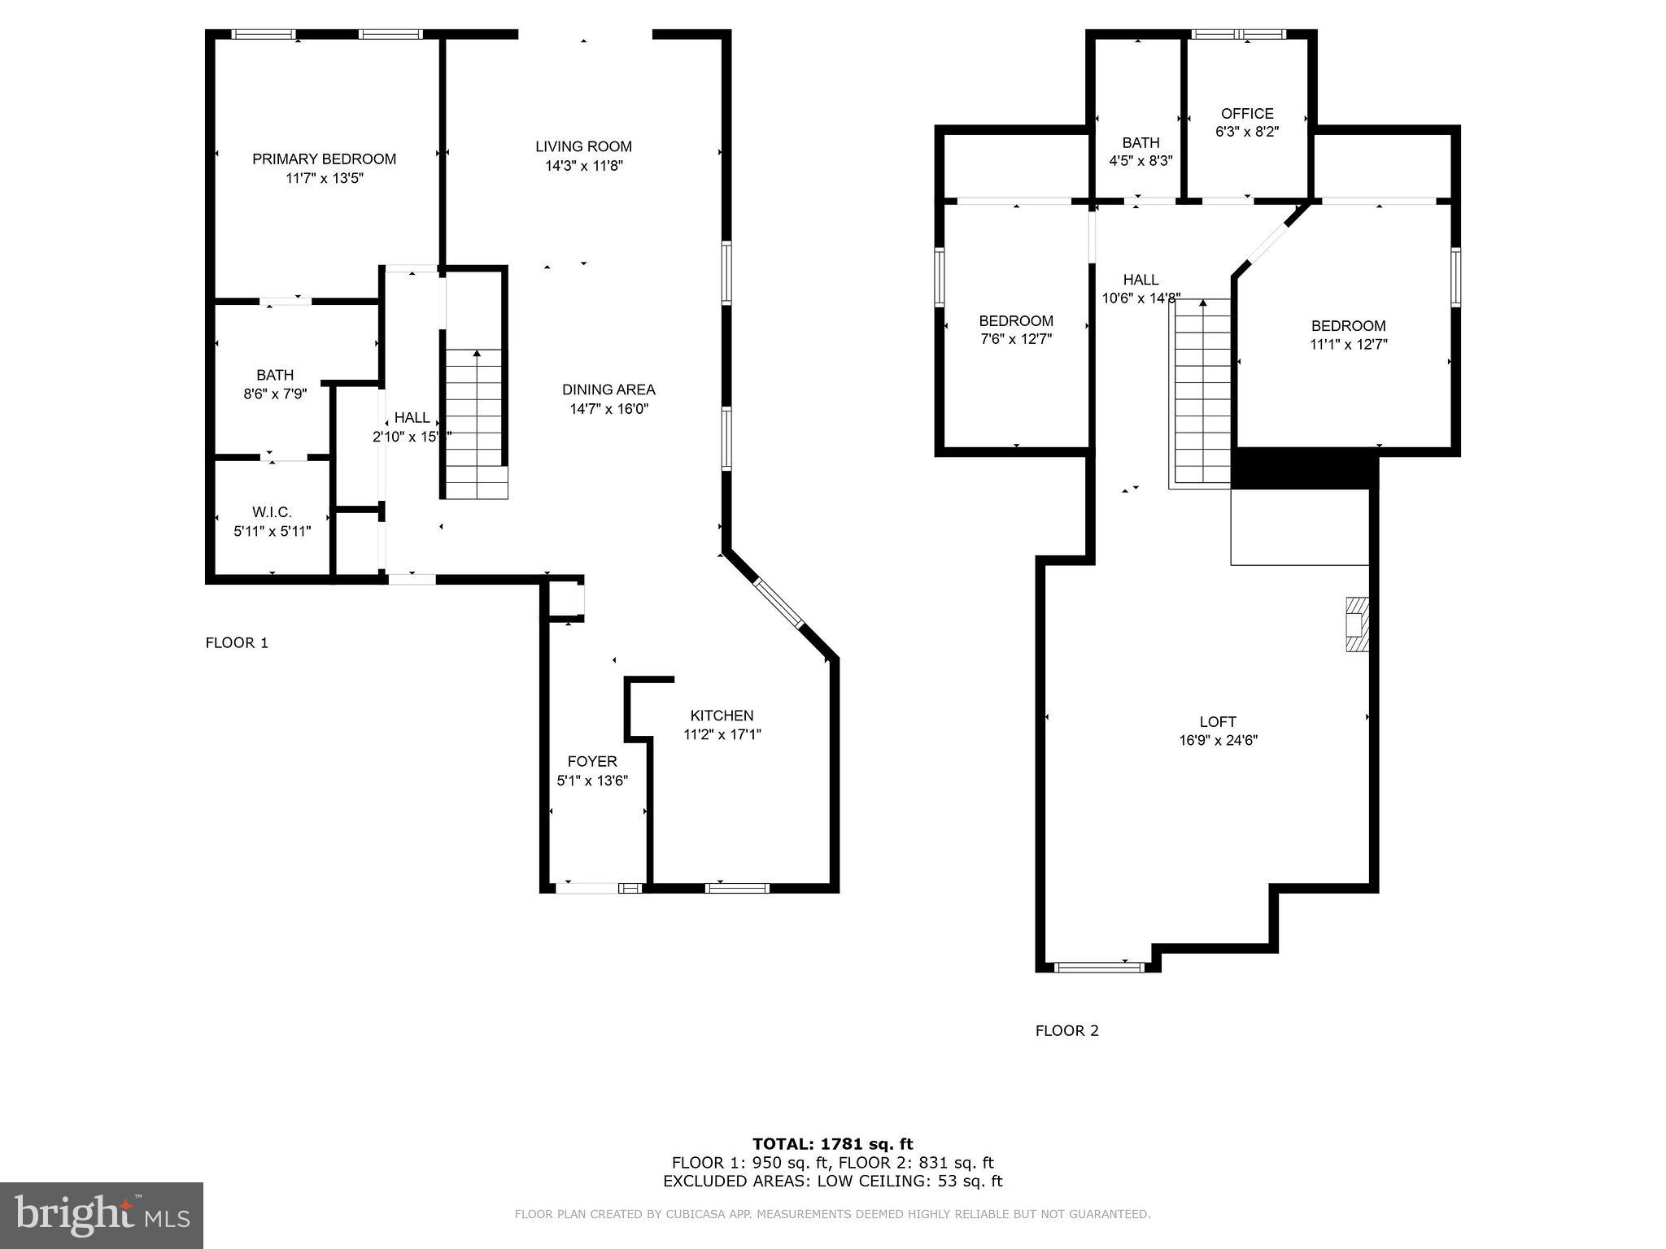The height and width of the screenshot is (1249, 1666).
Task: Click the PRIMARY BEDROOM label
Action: tap(324, 159)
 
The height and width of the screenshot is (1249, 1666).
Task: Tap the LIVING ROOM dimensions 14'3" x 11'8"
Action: tap(583, 166)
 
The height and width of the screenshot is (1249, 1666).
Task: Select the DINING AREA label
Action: tap(608, 390)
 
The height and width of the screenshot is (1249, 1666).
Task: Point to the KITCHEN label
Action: tap(722, 716)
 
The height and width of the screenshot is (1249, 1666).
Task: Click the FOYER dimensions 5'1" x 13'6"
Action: tap(592, 781)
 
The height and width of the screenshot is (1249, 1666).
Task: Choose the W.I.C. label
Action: tap(272, 512)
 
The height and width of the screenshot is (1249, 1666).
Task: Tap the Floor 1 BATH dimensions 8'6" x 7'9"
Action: tap(275, 394)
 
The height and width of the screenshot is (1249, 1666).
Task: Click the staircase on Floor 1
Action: tap(476, 423)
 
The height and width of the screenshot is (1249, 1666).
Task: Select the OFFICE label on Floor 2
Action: tap(1247, 114)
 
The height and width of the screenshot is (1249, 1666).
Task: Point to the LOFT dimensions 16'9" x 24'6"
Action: tap(1218, 741)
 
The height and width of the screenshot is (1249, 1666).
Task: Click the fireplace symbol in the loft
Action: tap(1357, 624)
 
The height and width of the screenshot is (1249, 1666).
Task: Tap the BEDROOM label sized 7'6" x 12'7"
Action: tap(1016, 321)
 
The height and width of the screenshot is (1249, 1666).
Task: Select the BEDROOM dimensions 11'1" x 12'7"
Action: tap(1348, 345)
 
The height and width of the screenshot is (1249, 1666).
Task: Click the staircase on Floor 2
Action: tap(1202, 394)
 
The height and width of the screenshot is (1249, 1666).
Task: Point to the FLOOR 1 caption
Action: tap(237, 643)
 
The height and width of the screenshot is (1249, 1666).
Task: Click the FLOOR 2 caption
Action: tap(1066, 1031)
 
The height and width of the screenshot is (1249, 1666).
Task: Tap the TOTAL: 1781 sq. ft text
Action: tap(832, 1145)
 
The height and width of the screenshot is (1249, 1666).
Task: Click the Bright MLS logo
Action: tap(101, 1215)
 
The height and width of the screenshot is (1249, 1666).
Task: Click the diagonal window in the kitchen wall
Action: tap(778, 603)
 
